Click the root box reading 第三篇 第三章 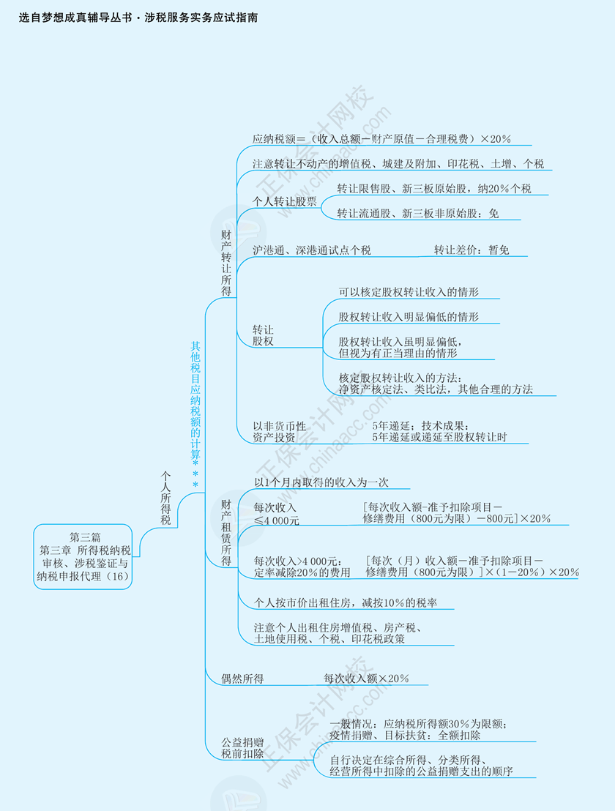tap(83, 556)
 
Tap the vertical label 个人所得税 tap(165, 498)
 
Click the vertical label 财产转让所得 tap(226, 263)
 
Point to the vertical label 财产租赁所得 tap(226, 533)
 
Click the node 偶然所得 tap(242, 679)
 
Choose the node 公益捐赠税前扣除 tap(242, 748)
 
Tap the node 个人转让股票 tap(285, 201)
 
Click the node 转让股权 tap(263, 335)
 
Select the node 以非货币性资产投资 tap(279, 432)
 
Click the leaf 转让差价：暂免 tap(471, 250)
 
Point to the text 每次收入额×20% tap(366, 679)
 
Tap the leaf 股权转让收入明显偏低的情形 tap(409, 316)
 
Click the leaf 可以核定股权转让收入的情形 tap(409, 292)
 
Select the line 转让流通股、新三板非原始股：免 tap(418, 213)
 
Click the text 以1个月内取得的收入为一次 tap(321, 482)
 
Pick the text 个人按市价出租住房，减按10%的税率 tap(346, 602)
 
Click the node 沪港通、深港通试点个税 tap(311, 250)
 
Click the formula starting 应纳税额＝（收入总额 tap(381, 138)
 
